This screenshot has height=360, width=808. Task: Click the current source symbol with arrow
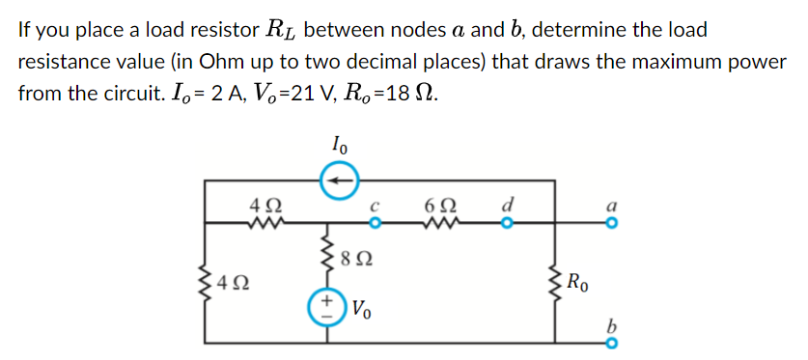(x=338, y=180)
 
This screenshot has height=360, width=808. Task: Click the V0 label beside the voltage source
(x=360, y=311)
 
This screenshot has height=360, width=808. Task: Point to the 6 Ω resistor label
(x=436, y=206)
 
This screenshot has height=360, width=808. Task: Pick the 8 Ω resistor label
(x=361, y=258)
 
